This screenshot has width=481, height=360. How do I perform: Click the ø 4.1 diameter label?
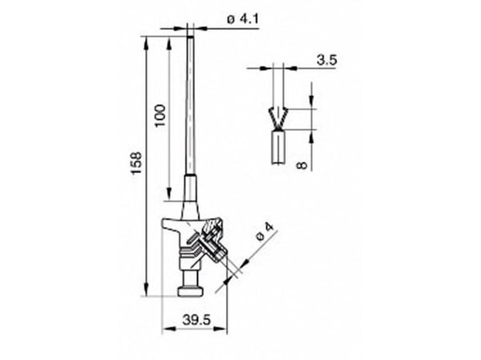(243, 19)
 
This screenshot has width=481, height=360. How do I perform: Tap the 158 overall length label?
(137, 163)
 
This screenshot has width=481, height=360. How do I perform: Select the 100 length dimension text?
(160, 115)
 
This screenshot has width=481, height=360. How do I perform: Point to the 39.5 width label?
(196, 320)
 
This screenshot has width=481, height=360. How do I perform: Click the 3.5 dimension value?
(327, 60)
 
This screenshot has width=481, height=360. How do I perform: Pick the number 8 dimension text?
(302, 165)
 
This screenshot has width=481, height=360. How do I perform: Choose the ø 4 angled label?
(265, 233)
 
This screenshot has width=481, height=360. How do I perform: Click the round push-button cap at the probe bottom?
(191, 292)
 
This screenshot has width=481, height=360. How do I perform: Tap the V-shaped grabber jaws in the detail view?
(278, 118)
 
